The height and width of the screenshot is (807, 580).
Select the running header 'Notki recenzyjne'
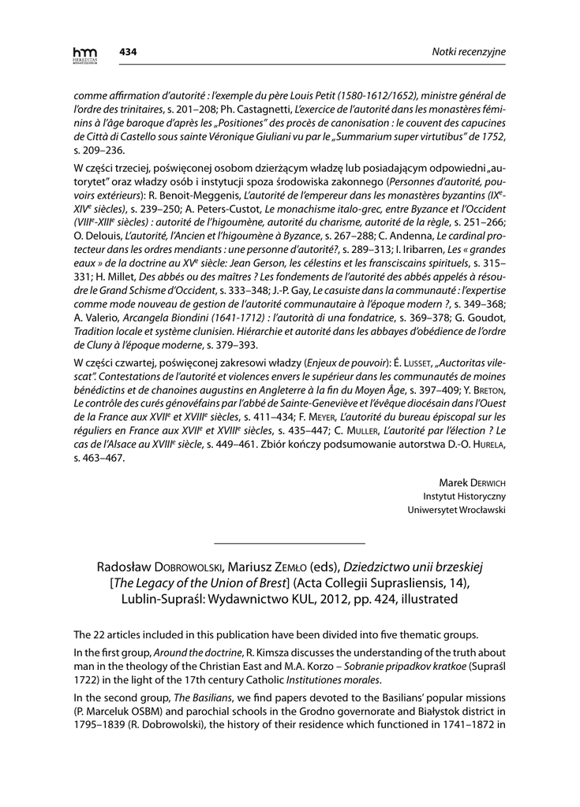click(x=469, y=52)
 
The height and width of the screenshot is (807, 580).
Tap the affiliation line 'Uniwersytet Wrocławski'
click(x=456, y=510)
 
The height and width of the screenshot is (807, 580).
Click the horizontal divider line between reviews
click(x=290, y=543)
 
